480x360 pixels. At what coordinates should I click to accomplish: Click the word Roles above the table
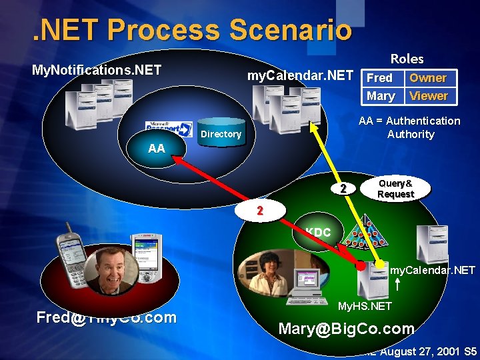point(407,59)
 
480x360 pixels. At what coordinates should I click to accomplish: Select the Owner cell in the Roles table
point(427,77)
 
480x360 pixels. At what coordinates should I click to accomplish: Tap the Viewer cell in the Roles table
point(428,95)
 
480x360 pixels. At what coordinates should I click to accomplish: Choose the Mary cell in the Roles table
point(381,95)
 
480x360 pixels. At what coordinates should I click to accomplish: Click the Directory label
point(221,134)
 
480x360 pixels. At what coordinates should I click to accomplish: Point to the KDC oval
point(318,232)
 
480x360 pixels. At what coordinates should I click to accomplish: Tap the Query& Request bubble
point(395,189)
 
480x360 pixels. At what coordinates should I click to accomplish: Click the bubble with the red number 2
point(261,211)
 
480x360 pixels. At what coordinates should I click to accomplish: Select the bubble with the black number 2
point(343,189)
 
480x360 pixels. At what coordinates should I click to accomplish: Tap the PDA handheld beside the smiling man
point(148,253)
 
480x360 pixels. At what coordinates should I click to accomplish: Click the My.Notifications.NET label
point(97,69)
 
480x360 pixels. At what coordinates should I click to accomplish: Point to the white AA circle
point(157,148)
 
